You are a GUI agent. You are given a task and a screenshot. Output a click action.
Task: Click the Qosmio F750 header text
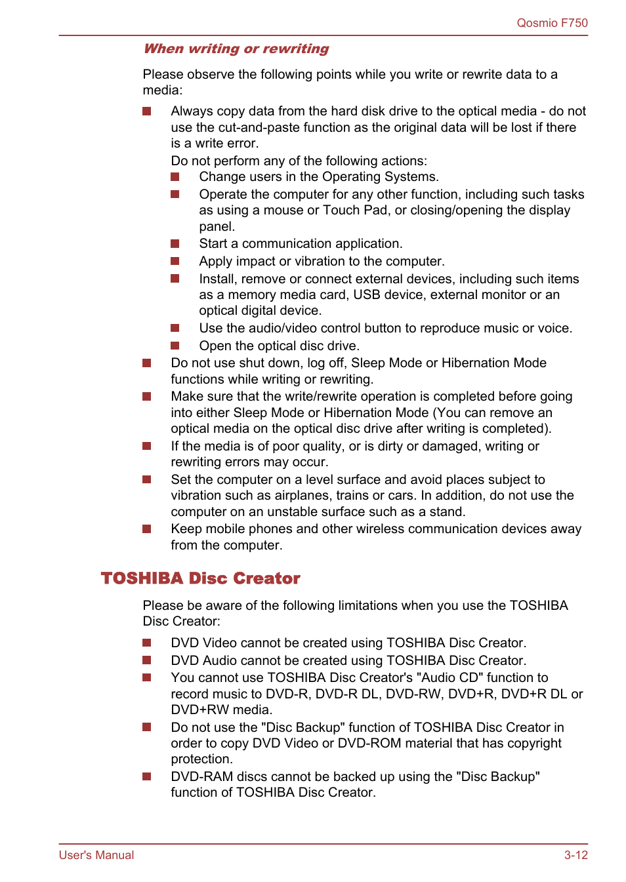(x=552, y=23)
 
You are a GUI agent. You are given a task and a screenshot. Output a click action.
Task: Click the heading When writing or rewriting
(x=236, y=49)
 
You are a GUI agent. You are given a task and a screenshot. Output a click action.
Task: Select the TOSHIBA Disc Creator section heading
(x=200, y=578)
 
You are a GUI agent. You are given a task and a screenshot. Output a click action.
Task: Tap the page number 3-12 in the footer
(x=575, y=854)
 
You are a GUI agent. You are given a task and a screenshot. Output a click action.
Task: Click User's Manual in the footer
(x=96, y=854)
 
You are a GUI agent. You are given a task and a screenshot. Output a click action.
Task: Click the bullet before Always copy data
(x=147, y=111)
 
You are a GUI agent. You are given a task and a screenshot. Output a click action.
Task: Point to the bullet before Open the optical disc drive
(x=175, y=346)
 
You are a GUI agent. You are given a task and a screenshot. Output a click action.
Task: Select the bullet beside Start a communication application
(x=175, y=244)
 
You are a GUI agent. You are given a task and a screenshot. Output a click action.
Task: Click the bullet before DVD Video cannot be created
(x=147, y=643)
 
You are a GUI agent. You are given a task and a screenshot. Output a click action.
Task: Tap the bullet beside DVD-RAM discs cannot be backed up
(x=147, y=776)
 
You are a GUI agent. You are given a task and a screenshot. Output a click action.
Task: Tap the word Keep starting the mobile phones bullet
(x=186, y=529)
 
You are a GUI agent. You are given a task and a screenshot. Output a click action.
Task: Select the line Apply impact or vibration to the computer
(x=322, y=261)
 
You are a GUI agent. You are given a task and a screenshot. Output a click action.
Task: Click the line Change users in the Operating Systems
(x=319, y=177)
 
